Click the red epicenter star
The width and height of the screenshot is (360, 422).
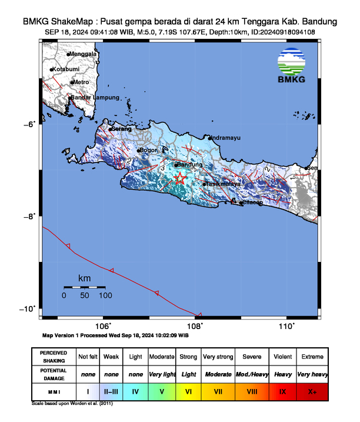(180, 178)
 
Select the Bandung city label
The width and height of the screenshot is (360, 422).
(189, 165)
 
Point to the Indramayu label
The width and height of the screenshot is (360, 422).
(225, 138)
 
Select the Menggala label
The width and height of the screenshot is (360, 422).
(83, 54)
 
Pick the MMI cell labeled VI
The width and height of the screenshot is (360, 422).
(189, 391)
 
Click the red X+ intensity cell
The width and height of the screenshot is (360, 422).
(312, 391)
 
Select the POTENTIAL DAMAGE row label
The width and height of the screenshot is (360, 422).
(54, 374)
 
